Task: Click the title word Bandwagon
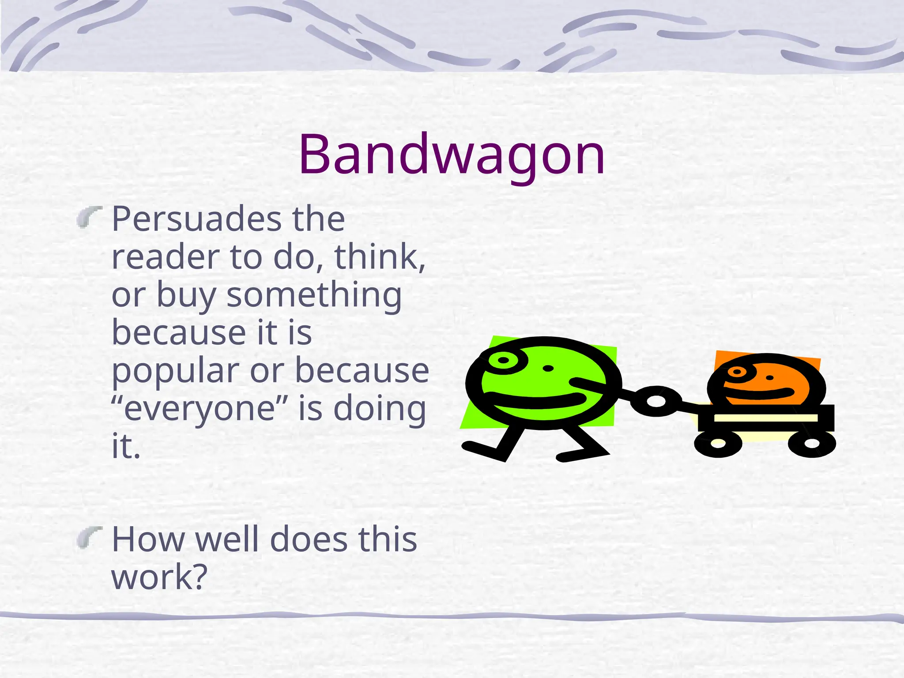pos(452,154)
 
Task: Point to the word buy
pos(186,295)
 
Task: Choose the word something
pos(314,294)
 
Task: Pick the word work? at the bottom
pos(159,577)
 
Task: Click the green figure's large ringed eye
pos(503,361)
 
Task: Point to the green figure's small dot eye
pos(548,369)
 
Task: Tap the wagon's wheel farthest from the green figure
pos(812,442)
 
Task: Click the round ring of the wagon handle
pos(656,401)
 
